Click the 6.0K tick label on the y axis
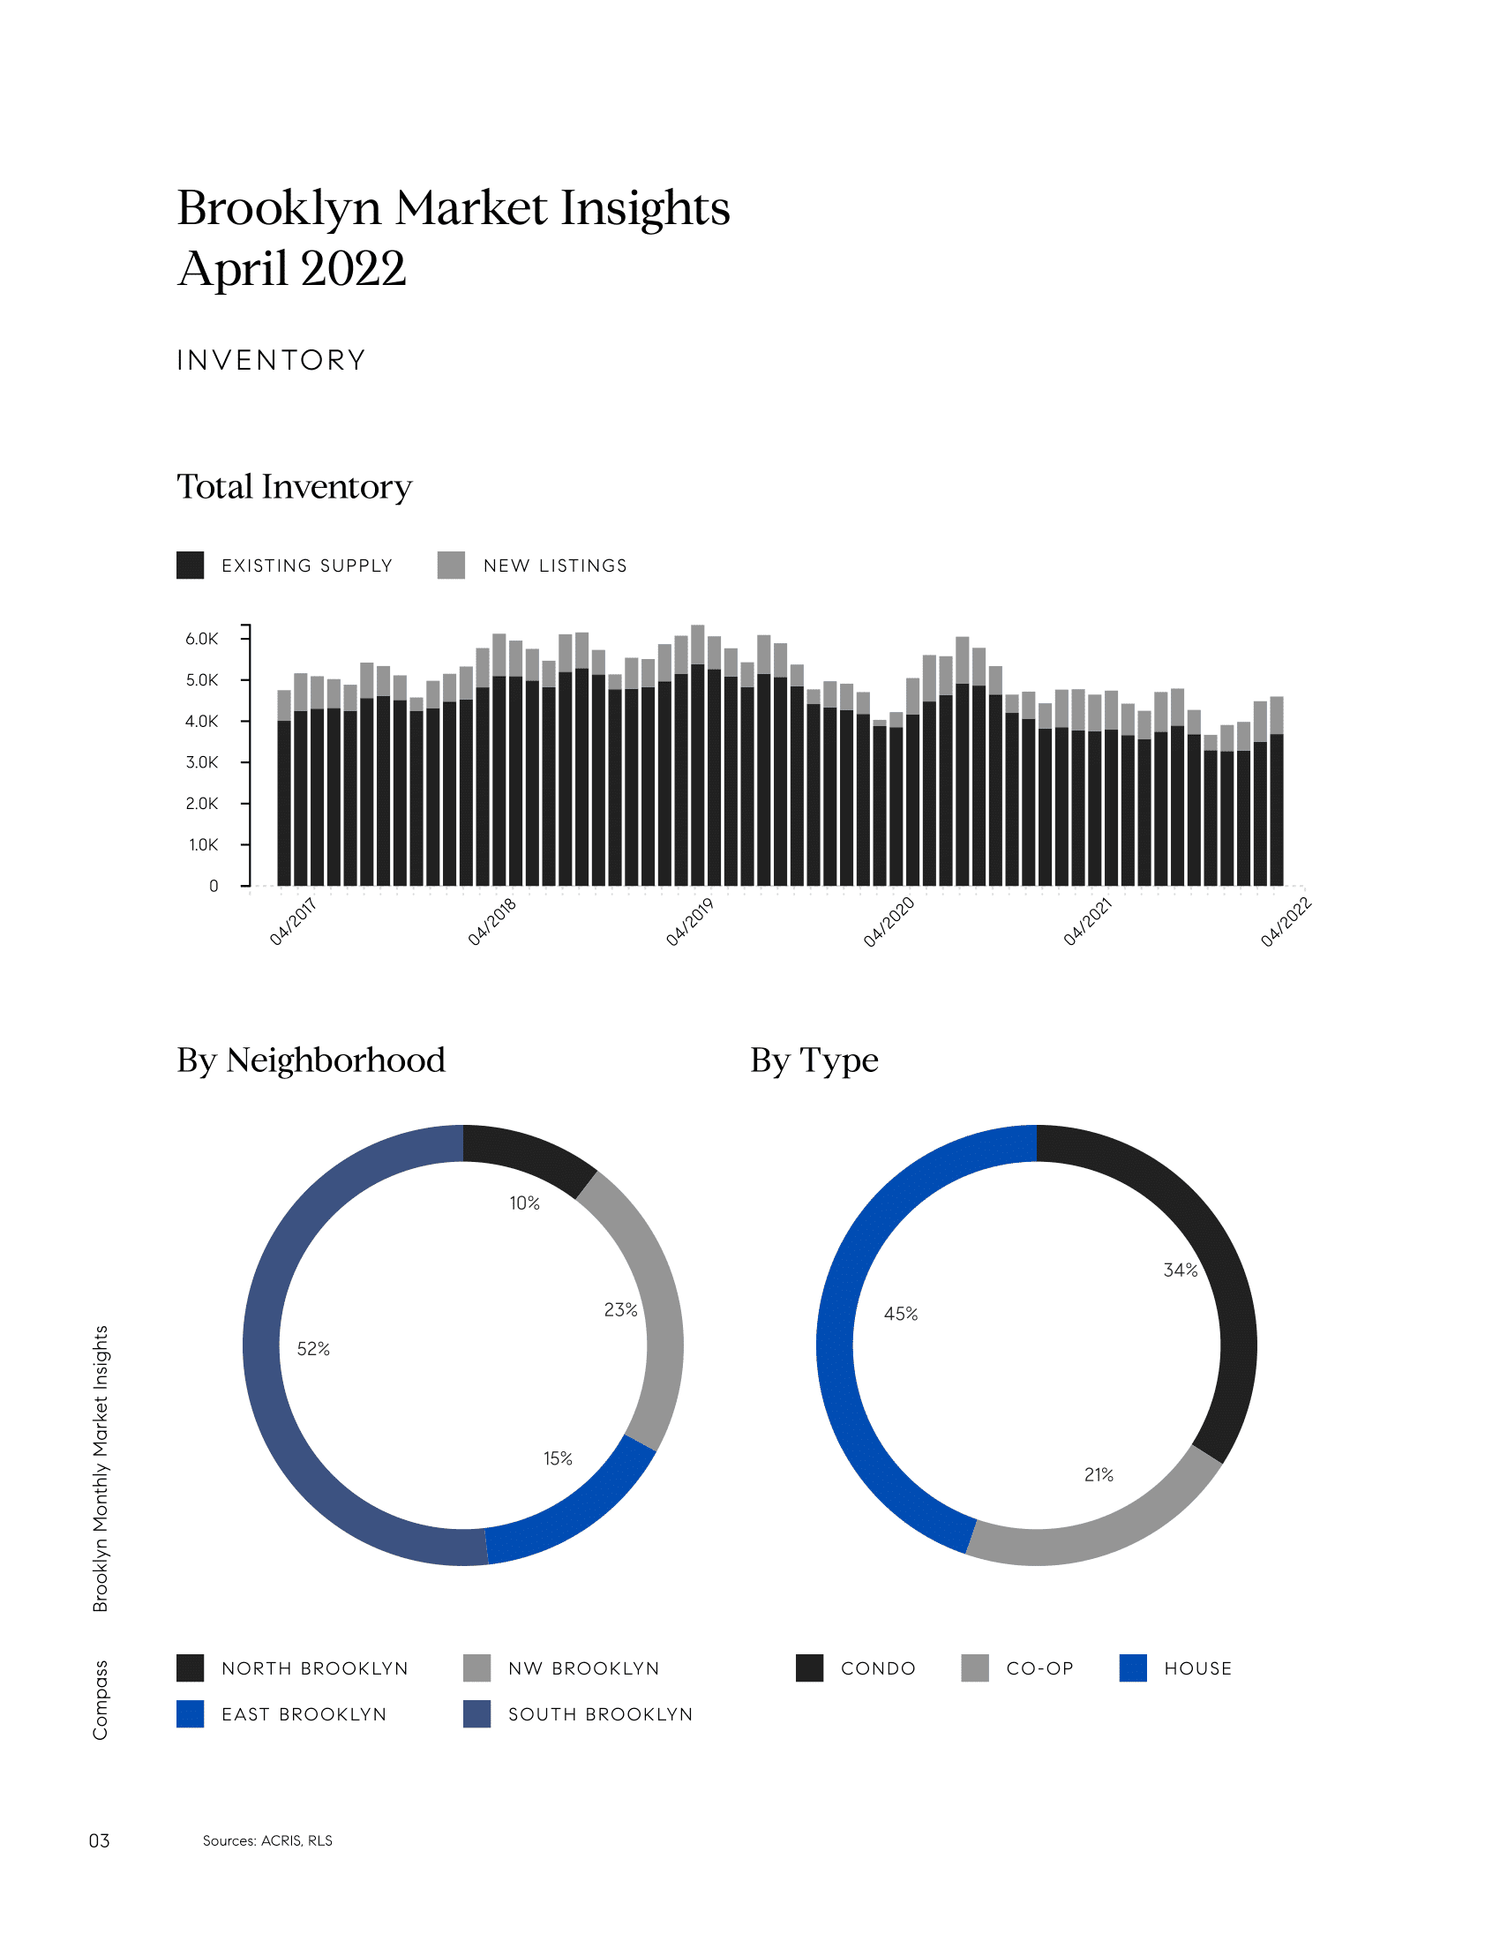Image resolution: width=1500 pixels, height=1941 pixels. [201, 639]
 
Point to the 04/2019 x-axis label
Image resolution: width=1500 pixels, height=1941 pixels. [690, 922]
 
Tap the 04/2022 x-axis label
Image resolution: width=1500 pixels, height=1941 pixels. [1285, 923]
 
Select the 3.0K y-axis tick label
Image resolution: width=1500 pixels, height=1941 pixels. [201, 762]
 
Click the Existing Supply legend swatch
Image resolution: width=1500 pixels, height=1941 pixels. [191, 566]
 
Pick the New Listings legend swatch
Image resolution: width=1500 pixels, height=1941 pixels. [452, 566]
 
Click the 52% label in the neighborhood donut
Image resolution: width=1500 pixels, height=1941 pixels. [313, 1349]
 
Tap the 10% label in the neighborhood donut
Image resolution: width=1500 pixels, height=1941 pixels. [524, 1203]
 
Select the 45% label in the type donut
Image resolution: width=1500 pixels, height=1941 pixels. [900, 1314]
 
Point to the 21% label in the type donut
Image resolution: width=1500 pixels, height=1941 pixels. [1099, 1474]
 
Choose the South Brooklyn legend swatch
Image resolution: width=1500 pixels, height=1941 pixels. [476, 1714]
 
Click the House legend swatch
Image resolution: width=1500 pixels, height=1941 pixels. [1133, 1668]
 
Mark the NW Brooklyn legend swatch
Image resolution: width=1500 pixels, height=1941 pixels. [476, 1668]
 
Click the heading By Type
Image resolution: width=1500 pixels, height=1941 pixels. [814, 1060]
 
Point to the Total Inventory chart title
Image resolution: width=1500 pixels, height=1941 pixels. [294, 487]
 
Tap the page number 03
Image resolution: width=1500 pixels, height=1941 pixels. [99, 1840]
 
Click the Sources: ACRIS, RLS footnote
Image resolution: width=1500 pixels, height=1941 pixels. [267, 1840]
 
